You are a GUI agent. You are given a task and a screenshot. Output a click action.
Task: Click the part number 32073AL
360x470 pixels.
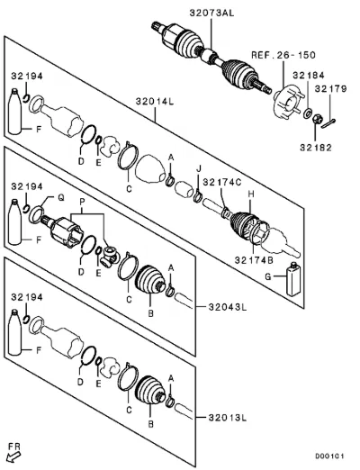(211, 13)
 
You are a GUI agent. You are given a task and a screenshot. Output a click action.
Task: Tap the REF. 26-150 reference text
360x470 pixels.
(283, 55)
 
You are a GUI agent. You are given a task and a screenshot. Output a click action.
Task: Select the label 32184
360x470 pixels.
(309, 75)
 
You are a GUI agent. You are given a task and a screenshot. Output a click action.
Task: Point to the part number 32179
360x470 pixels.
(330, 88)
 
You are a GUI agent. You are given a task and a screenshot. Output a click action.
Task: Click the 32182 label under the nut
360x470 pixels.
(316, 148)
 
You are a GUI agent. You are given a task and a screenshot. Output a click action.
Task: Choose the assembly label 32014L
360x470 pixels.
(155, 101)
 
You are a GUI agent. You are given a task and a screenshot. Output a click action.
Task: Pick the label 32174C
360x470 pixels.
(222, 182)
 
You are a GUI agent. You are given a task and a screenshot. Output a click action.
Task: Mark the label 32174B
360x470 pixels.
(254, 260)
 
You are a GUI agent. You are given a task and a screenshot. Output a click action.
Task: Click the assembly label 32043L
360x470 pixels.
(228, 307)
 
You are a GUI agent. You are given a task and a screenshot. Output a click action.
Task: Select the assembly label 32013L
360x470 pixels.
(228, 418)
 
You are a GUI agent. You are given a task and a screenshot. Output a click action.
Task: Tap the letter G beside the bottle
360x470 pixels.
(267, 276)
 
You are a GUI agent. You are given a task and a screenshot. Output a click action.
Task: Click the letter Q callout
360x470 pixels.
(61, 198)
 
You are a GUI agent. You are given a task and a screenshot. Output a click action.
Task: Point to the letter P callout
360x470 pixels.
(82, 202)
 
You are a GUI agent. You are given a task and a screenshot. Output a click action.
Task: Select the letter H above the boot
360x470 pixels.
(251, 194)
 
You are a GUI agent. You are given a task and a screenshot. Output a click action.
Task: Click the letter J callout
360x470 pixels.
(198, 169)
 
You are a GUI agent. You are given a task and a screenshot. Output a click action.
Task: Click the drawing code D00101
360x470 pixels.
(329, 456)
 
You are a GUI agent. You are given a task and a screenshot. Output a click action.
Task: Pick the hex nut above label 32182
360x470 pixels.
(317, 120)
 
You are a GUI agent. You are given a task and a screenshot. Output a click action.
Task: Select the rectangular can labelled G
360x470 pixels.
(293, 279)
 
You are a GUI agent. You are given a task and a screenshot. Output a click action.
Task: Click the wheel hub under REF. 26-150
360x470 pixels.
(287, 102)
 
